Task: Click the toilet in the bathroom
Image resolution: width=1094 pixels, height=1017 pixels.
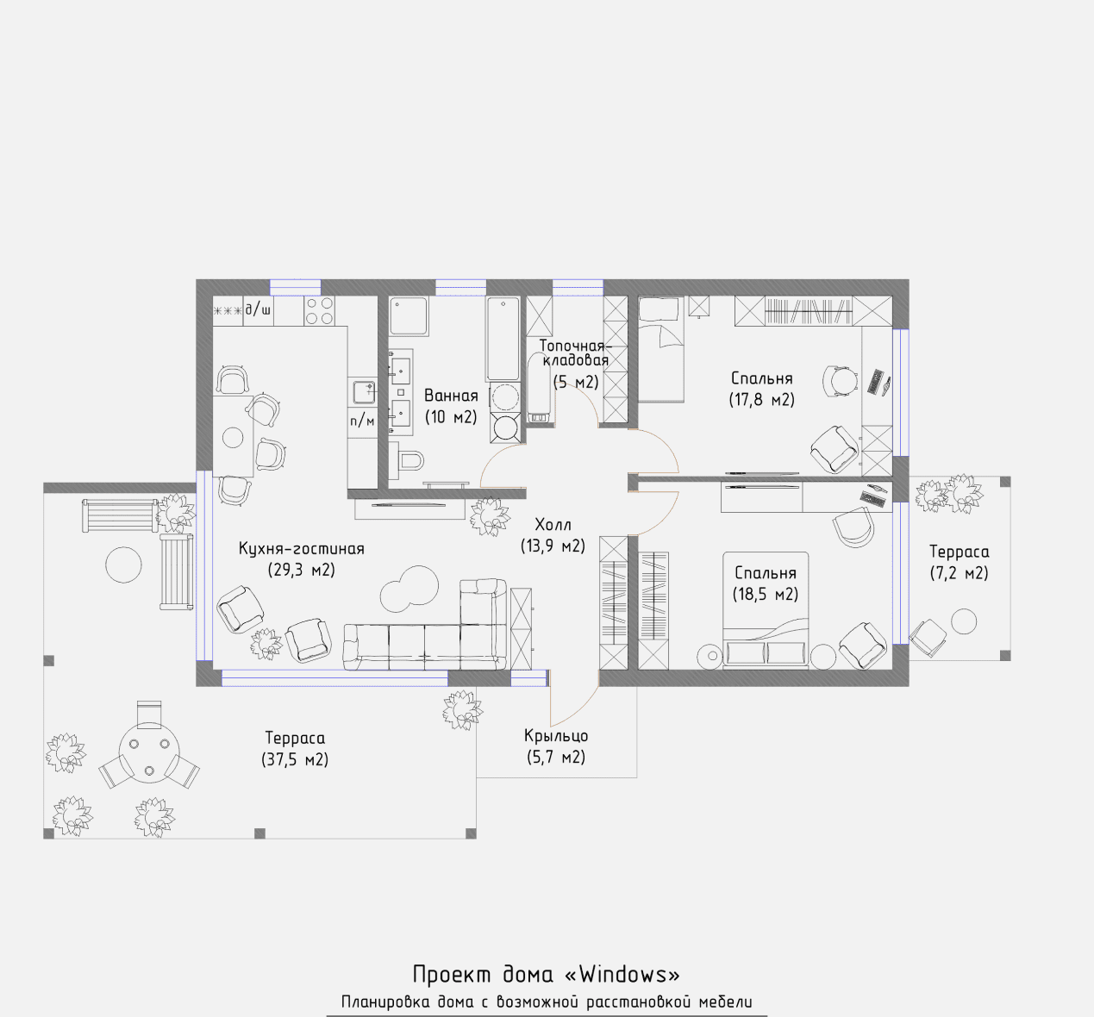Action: [407, 459]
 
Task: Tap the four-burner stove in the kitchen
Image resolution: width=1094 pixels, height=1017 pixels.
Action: [320, 311]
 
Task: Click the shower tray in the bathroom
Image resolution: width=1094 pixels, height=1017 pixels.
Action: [409, 316]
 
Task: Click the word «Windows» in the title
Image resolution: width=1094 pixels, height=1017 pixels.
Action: [622, 974]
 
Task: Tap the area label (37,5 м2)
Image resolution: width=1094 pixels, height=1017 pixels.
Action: [295, 759]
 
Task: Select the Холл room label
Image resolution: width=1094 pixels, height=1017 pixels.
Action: [553, 524]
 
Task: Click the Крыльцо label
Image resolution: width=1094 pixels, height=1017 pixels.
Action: [556, 736]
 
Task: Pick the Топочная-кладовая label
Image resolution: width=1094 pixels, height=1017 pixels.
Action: [575, 353]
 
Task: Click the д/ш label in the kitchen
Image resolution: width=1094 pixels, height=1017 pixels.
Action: [258, 309]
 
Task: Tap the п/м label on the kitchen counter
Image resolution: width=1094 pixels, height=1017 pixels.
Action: [362, 421]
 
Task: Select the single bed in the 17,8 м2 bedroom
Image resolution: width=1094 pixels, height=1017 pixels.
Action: [661, 349]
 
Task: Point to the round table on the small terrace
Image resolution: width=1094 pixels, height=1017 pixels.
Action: [964, 621]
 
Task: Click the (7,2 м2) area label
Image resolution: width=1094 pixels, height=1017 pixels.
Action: [959, 573]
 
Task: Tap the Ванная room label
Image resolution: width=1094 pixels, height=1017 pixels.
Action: [451, 396]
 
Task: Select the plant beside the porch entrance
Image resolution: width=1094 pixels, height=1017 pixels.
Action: [463, 710]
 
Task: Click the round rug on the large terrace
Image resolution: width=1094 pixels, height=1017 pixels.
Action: [123, 565]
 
